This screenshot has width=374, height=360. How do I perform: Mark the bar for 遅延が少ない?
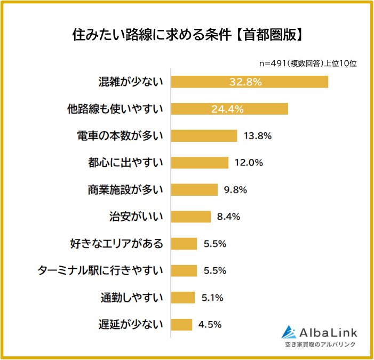click(x=181, y=324)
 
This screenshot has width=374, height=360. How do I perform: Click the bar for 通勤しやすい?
click(x=183, y=298)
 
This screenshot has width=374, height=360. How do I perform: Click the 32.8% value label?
click(x=245, y=82)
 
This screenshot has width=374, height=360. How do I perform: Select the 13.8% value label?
click(x=258, y=135)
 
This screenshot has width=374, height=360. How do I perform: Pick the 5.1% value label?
click(x=212, y=298)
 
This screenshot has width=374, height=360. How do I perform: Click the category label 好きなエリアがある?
click(x=116, y=244)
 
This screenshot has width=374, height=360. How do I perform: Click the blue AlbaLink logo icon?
click(x=289, y=332)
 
